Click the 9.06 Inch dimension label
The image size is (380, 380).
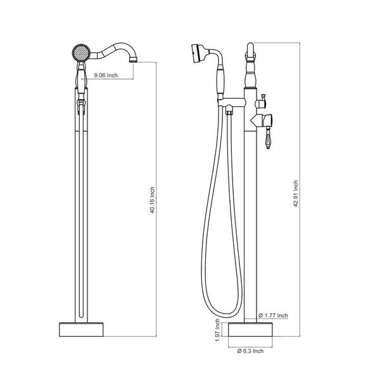[106, 75]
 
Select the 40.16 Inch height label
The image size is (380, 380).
[152, 200]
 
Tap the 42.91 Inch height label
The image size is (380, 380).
[296, 193]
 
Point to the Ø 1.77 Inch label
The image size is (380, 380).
[273, 315]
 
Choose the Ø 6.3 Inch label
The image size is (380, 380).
[250, 351]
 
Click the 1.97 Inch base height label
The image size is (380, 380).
[217, 330]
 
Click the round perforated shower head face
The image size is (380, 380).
[82, 53]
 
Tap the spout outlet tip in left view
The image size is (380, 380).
[133, 60]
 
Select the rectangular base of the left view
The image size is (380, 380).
[81, 329]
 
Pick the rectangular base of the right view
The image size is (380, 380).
[250, 329]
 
